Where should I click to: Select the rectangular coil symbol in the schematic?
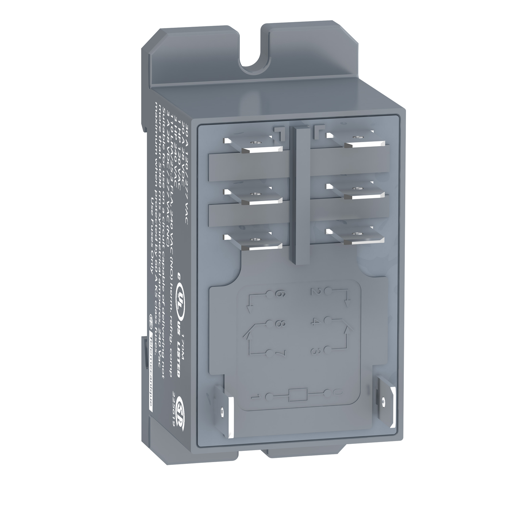click(x=294, y=395)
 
